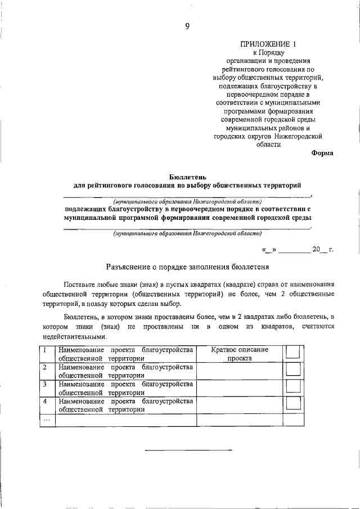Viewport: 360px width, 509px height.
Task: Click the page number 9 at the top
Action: [x=187, y=25]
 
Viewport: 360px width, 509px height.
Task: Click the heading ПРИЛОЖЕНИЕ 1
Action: [x=267, y=43]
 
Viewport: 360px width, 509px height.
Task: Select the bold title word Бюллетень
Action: [x=187, y=176]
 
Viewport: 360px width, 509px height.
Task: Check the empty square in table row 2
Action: [x=293, y=369]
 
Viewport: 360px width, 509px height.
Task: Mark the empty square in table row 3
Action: [x=293, y=386]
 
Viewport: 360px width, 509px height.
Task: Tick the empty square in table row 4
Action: [x=293, y=403]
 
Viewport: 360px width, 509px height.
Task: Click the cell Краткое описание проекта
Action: [x=239, y=353]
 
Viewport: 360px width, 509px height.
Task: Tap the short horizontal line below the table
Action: [x=188, y=450]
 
